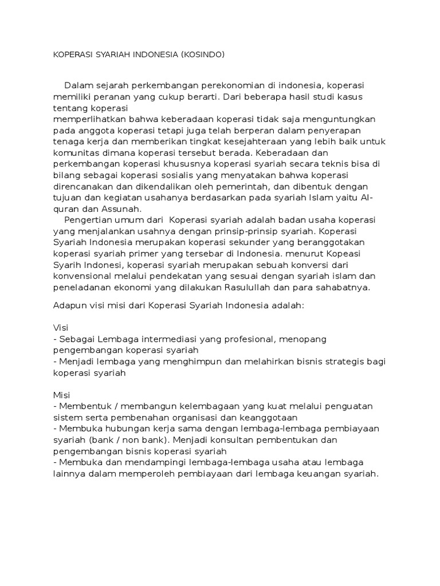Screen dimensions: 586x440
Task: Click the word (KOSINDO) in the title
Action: (x=202, y=54)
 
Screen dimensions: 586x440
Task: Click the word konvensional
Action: (x=84, y=276)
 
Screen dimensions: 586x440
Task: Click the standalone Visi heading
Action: (x=61, y=328)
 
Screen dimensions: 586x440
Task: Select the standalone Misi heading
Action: (x=61, y=395)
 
